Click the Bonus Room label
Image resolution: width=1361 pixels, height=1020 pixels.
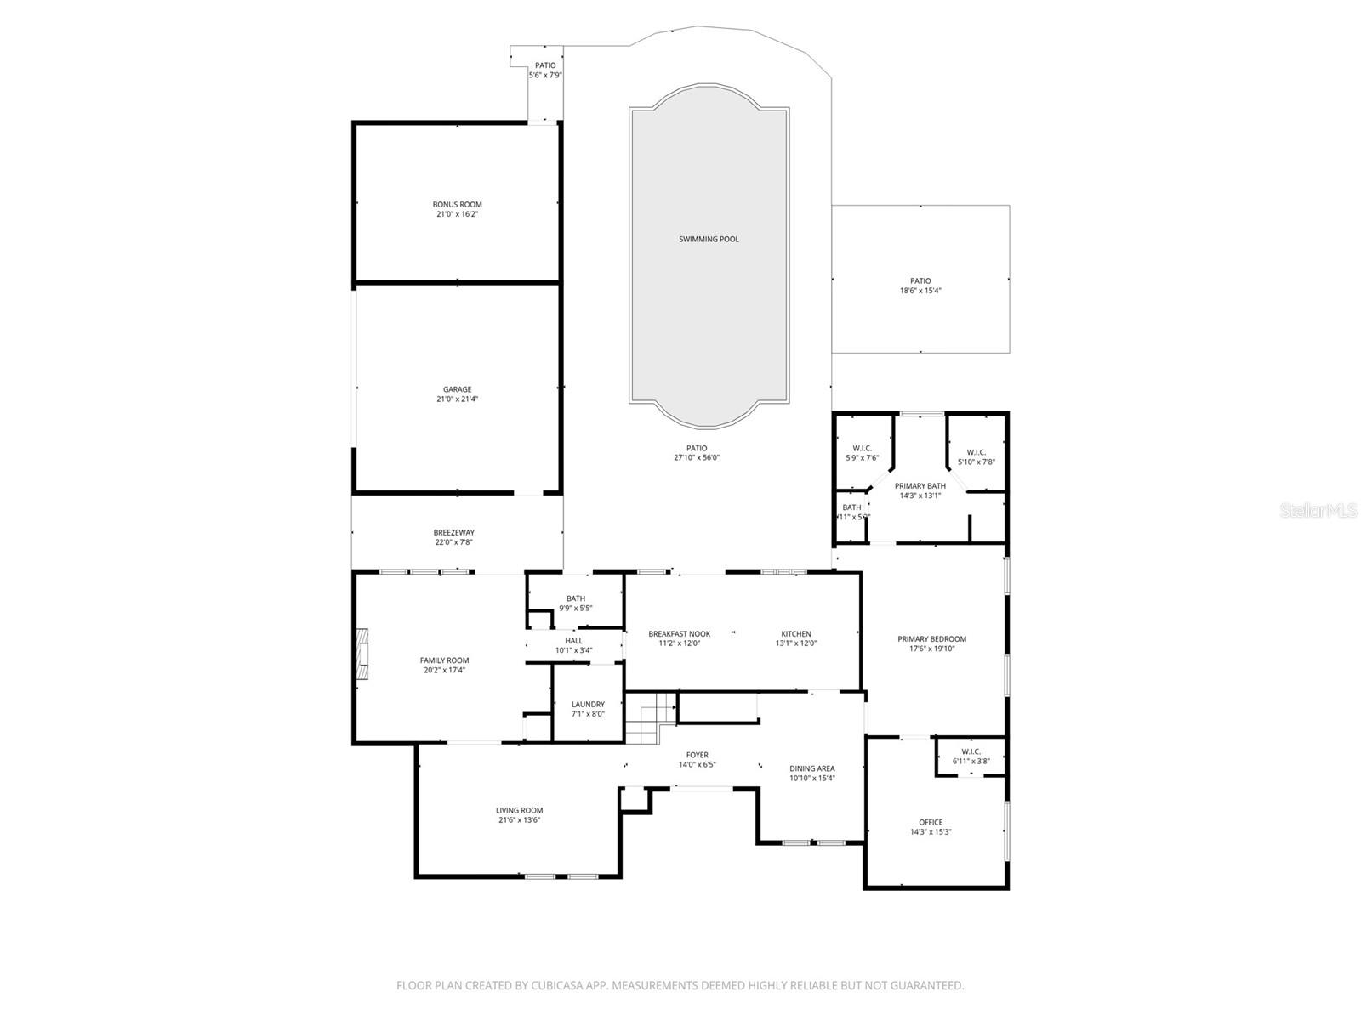[457, 204]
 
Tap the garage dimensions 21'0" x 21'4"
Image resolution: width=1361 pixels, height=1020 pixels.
[457, 399]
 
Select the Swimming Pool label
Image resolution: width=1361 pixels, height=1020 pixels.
[709, 239]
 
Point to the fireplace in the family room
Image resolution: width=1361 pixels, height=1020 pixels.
[363, 654]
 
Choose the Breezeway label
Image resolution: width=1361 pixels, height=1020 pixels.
[453, 533]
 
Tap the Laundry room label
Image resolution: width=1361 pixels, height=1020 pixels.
[588, 704]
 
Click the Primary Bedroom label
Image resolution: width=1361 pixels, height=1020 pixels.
[931, 639]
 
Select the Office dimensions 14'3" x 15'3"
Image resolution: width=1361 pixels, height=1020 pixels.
[931, 832]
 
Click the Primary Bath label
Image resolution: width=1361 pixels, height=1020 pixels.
[920, 486]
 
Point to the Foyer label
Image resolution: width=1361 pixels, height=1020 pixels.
[697, 755]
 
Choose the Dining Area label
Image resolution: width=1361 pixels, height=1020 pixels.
[811, 768]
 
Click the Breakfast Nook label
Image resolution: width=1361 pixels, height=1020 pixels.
[679, 634]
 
